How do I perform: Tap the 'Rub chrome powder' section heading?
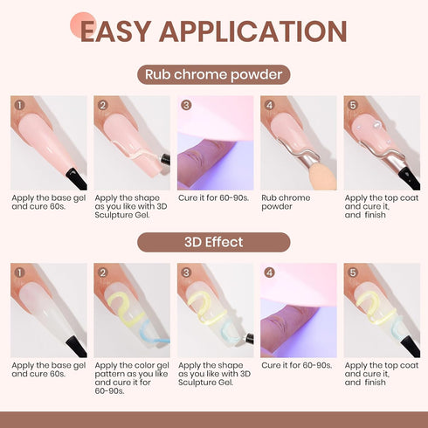[x=214, y=74]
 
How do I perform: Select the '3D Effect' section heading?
[x=214, y=241]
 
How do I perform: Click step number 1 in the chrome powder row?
[x=19, y=106]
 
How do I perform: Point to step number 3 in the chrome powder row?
[x=185, y=106]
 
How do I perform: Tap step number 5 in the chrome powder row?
[x=352, y=106]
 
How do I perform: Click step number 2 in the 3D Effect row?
[x=102, y=273]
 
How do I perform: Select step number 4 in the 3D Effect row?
[x=269, y=273]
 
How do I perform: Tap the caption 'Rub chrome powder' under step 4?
[x=286, y=202]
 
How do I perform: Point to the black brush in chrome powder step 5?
[x=406, y=176]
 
